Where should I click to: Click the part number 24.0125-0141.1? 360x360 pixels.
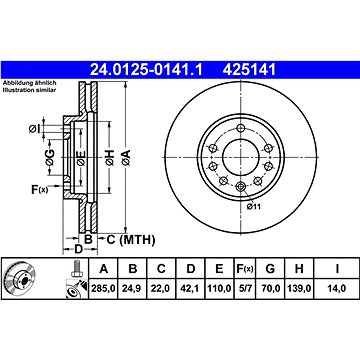tap(146, 70)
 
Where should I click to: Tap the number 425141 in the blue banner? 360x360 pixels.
tap(250, 70)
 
